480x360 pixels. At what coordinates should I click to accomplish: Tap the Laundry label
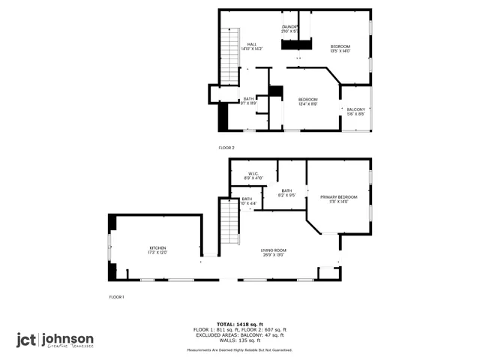pyautogui.click(x=290, y=28)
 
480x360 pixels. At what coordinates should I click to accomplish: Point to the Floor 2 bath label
pyautogui.click(x=248, y=100)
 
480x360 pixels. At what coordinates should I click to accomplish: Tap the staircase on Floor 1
pyautogui.click(x=228, y=223)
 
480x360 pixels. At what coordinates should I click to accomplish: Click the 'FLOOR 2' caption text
pyautogui.click(x=226, y=148)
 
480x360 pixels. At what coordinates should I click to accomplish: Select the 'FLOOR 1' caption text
pyautogui.click(x=116, y=298)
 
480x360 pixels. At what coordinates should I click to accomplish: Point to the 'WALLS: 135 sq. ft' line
pyautogui.click(x=240, y=340)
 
